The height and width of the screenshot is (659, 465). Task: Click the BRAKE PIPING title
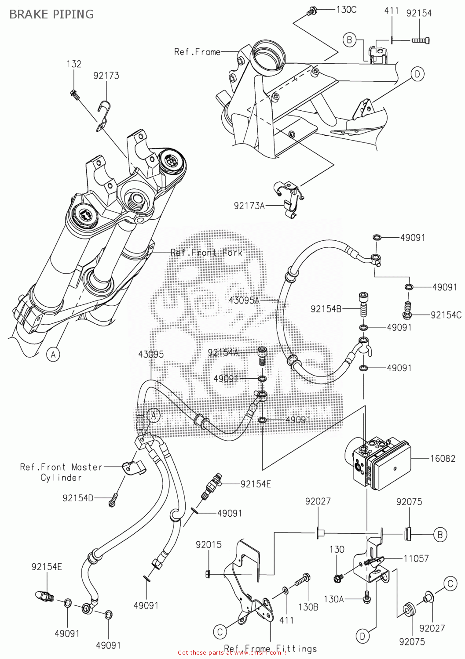(x=51, y=14)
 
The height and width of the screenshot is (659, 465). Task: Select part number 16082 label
(x=443, y=458)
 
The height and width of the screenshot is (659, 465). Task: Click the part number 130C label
(x=346, y=10)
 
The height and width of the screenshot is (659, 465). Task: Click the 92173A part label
(x=249, y=205)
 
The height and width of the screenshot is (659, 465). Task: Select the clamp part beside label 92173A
(x=286, y=198)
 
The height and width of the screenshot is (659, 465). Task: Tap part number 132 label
(x=74, y=64)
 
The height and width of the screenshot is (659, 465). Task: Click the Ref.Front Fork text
(x=206, y=253)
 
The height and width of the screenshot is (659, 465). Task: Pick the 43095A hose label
(x=245, y=301)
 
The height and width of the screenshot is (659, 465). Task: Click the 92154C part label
(x=446, y=315)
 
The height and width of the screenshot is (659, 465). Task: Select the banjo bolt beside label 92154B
(x=363, y=304)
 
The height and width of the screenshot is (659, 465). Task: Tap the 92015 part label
(x=209, y=545)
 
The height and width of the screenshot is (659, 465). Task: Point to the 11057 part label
(x=416, y=558)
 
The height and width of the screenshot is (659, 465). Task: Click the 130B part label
(x=308, y=607)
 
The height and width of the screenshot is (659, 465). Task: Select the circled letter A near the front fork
(x=53, y=354)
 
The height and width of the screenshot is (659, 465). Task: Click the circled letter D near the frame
(x=417, y=73)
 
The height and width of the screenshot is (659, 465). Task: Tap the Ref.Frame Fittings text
(x=270, y=648)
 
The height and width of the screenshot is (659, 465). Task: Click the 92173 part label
(x=106, y=76)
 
